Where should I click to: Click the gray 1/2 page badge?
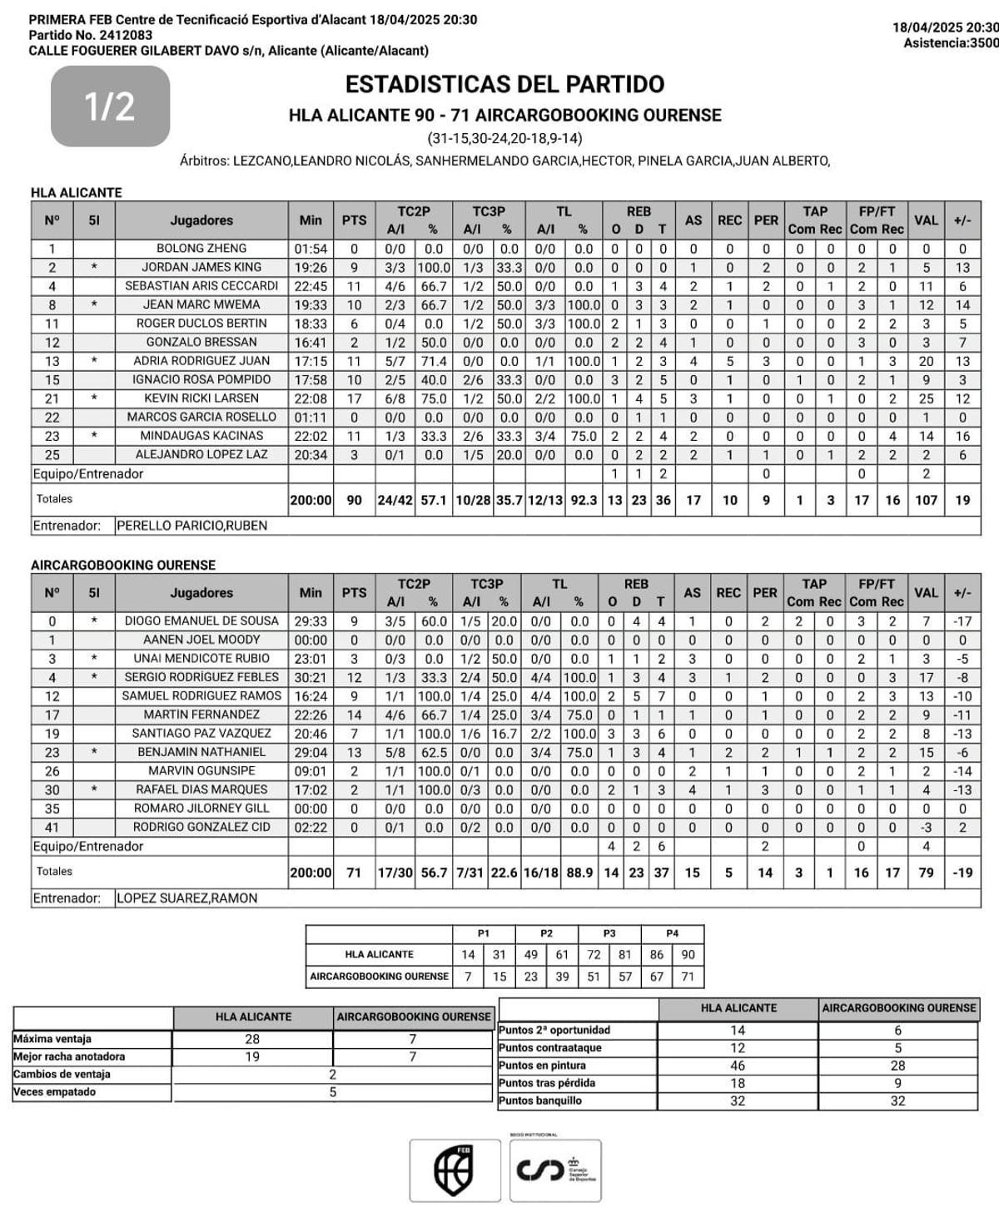coord(110,106)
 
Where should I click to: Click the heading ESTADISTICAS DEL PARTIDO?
coord(504,84)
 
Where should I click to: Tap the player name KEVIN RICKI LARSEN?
coord(201,398)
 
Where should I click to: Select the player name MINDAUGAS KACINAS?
coord(201,436)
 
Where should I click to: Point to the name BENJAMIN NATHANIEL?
coord(201,752)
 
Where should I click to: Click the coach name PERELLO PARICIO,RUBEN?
coord(191,526)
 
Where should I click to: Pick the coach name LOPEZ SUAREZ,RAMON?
coord(186,898)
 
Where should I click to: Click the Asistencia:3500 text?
coord(950,43)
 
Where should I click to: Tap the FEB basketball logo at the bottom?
coord(455,1170)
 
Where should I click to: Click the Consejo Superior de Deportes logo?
coord(555,1170)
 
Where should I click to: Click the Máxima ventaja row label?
coord(52,1039)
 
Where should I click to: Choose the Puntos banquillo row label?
coord(540,1101)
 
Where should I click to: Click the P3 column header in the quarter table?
coord(609,933)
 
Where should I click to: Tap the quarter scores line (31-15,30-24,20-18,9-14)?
coord(504,138)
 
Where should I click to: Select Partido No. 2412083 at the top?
coord(91,35)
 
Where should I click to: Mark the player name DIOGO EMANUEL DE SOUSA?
coord(201,621)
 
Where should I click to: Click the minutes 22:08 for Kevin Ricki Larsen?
coord(310,398)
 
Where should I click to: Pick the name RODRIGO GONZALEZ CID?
coord(201,827)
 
